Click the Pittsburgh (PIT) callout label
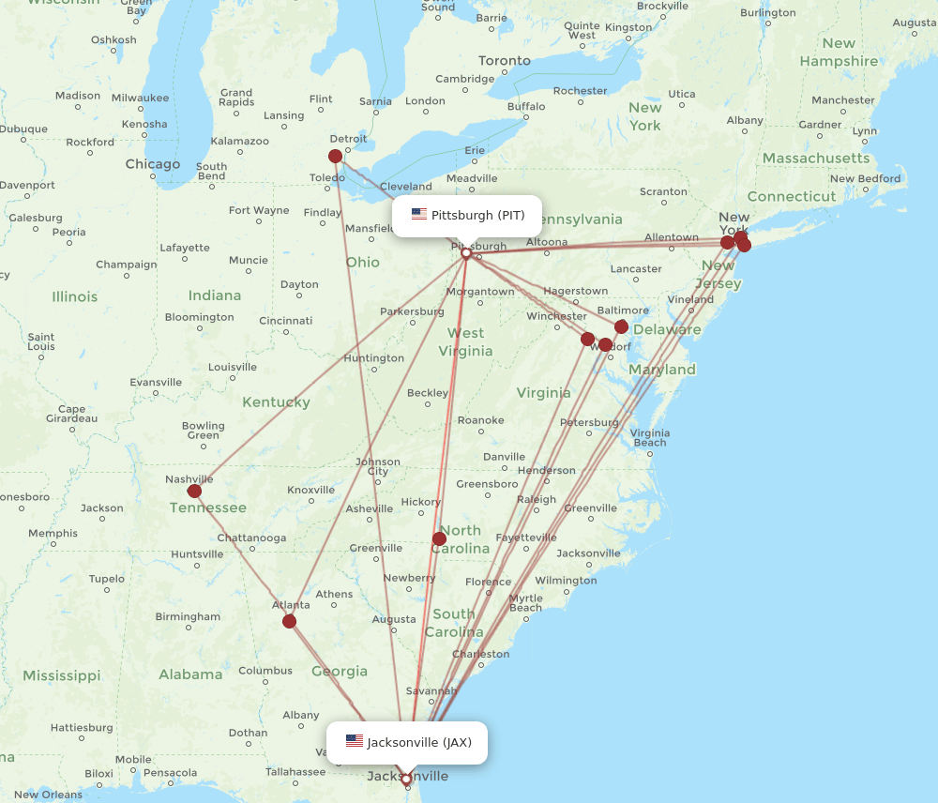pos(467,215)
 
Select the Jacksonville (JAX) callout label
pos(407,742)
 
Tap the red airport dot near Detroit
pos(336,157)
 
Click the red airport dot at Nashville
pos(194,491)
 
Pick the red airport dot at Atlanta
pos(289,621)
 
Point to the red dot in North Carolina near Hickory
pos(439,538)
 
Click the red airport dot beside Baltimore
pos(621,326)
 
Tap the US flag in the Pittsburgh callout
pos(419,215)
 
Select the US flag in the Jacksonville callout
pos(354,742)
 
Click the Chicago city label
pos(153,164)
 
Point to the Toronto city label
pos(505,60)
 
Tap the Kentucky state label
pos(276,402)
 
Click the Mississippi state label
pos(62,675)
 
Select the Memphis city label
pos(53,533)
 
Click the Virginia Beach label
pos(650,437)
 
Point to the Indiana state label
pos(215,295)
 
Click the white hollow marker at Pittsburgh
pos(466,253)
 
